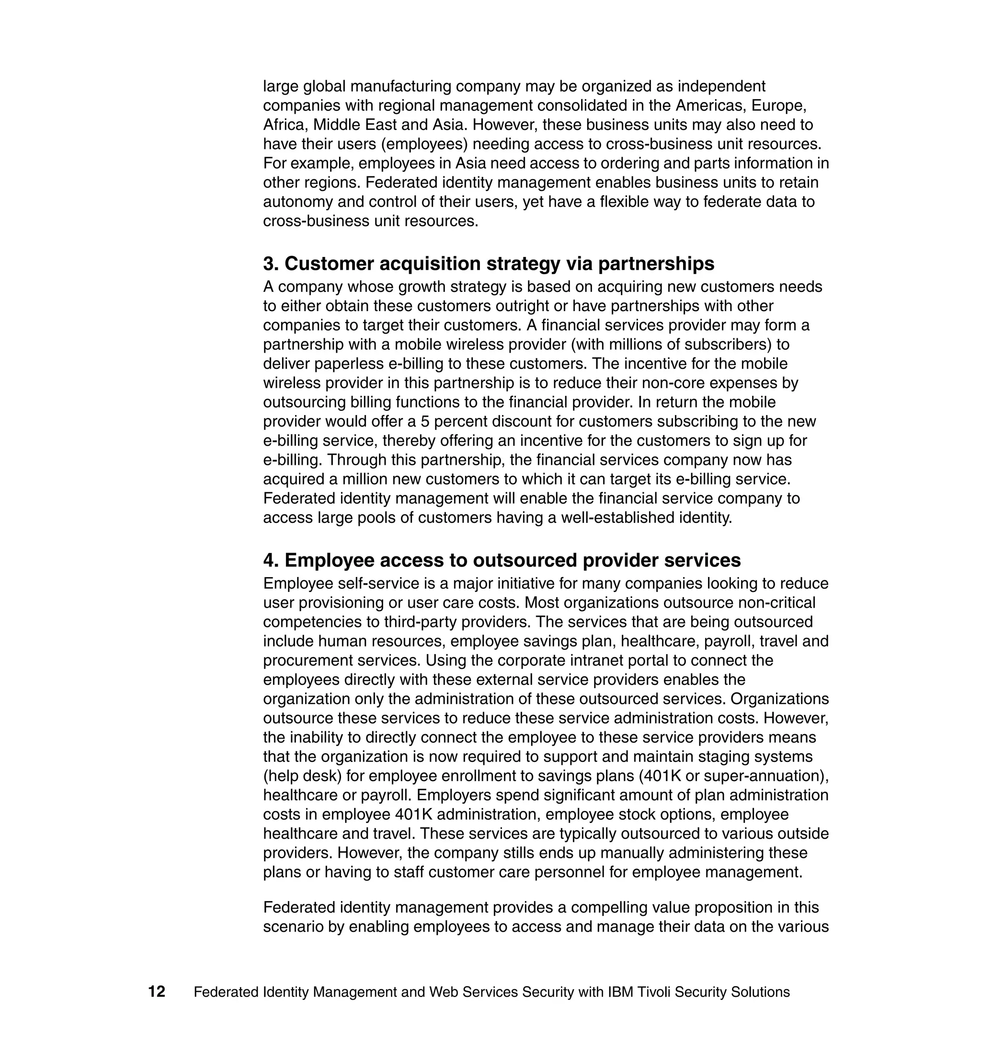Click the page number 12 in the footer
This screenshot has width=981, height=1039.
(x=156, y=992)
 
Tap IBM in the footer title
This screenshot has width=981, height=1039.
(x=621, y=992)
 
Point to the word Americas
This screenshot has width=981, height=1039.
(x=711, y=106)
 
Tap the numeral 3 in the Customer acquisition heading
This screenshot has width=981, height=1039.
(x=268, y=264)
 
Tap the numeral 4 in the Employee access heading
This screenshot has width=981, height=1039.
(x=269, y=560)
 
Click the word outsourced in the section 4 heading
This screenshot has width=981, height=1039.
(x=525, y=560)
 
